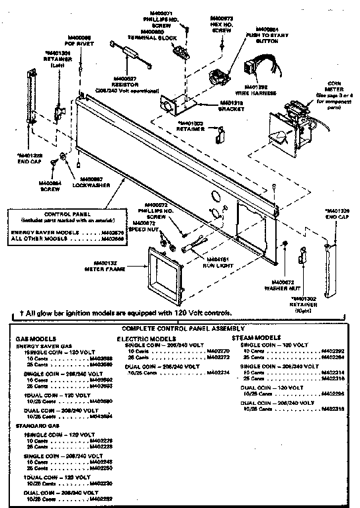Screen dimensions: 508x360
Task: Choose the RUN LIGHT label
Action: pyautogui.click(x=216, y=263)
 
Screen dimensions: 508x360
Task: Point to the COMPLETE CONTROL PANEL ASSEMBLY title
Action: pyautogui.click(x=180, y=328)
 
